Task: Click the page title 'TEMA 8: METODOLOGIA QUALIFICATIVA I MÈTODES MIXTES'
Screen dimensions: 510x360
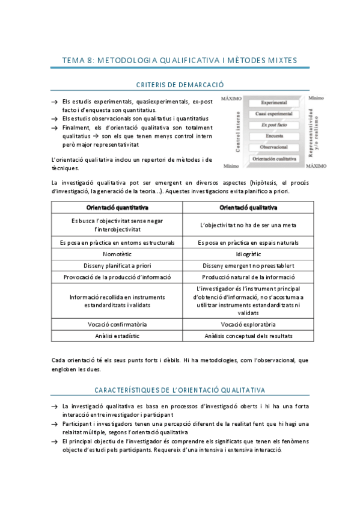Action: tap(180, 60)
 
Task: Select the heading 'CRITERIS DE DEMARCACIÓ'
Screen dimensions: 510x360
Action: tap(180, 85)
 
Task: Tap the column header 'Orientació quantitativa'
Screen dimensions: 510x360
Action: tap(117, 208)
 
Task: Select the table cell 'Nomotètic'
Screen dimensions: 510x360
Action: tap(117, 254)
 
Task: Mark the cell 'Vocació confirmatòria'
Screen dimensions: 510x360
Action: tap(117, 324)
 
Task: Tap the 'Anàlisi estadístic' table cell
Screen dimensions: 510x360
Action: tap(117, 336)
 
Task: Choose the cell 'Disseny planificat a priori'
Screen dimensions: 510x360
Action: tap(117, 265)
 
